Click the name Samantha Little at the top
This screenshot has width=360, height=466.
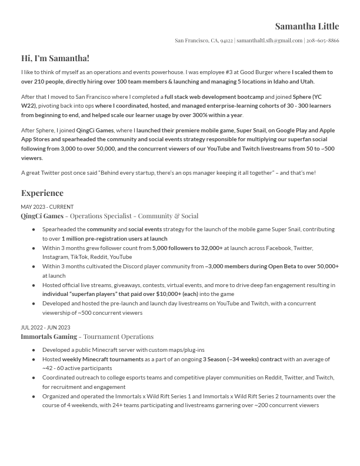pyautogui.click(x=306, y=26)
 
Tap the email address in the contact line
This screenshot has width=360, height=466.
pyautogui.click(x=269, y=41)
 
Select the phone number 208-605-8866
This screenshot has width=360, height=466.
pyautogui.click(x=322, y=41)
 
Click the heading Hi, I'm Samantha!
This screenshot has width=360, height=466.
pyautogui.click(x=55, y=58)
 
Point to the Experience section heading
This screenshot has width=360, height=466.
pyautogui.click(x=42, y=193)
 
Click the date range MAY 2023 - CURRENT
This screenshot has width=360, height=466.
pyautogui.click(x=47, y=207)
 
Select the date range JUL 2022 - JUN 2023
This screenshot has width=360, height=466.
pyautogui.click(x=45, y=328)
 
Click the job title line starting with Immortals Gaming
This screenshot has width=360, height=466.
pyautogui.click(x=87, y=337)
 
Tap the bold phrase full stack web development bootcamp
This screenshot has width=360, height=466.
pyautogui.click(x=214, y=97)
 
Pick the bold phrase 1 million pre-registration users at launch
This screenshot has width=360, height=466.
pyautogui.click(x=114, y=239)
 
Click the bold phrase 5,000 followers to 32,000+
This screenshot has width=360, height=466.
pyautogui.click(x=188, y=248)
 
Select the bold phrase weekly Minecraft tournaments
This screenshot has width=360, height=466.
pyautogui.click(x=103, y=360)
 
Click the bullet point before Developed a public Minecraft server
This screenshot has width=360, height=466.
pyautogui.click(x=34, y=350)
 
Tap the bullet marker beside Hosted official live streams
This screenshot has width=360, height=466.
pyautogui.click(x=34, y=285)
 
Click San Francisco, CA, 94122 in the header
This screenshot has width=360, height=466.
pyautogui.click(x=204, y=41)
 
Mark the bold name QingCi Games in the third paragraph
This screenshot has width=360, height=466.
pyautogui.click(x=95, y=131)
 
